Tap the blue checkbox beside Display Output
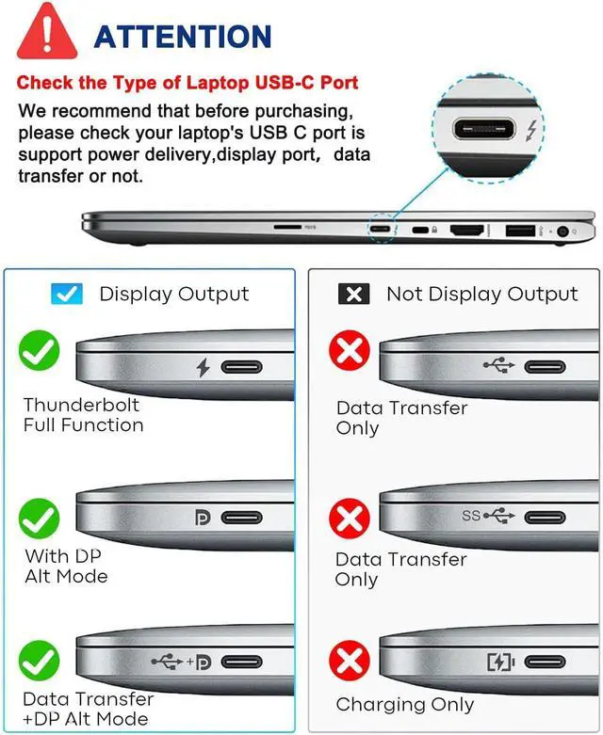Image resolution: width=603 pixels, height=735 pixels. (x=66, y=295)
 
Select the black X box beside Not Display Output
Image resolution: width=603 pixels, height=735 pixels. (x=353, y=295)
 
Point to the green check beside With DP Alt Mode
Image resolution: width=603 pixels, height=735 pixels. (x=40, y=517)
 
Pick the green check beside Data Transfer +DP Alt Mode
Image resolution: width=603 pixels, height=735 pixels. (x=40, y=660)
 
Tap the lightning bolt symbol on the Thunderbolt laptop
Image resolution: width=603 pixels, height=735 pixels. (x=203, y=367)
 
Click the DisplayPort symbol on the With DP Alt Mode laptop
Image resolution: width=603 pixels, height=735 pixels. (x=201, y=517)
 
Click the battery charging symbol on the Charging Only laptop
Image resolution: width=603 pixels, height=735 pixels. (x=500, y=662)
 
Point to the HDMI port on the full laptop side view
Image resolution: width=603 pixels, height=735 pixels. (x=466, y=230)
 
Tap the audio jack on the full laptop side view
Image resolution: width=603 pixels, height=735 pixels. (x=566, y=230)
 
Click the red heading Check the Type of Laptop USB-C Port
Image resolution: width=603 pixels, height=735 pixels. (x=187, y=84)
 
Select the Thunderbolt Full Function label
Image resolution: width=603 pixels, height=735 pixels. (x=83, y=415)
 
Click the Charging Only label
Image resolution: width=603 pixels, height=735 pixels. (x=404, y=705)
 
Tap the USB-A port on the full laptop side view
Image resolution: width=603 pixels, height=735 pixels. (x=519, y=230)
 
